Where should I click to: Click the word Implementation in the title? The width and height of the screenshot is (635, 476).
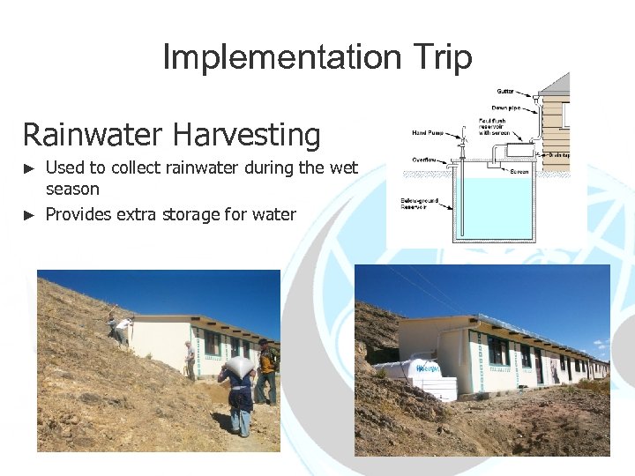pos(280,58)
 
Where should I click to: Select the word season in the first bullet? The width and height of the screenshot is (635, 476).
pos(72,189)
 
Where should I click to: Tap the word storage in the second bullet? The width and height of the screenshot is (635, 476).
pos(195,214)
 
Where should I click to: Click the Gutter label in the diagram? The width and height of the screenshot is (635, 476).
pos(505,91)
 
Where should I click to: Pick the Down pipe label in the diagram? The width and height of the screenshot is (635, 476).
pos(505,108)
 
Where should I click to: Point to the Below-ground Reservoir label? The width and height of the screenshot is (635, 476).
pos(419,203)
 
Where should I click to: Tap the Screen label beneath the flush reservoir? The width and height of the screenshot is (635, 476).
pos(519,171)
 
